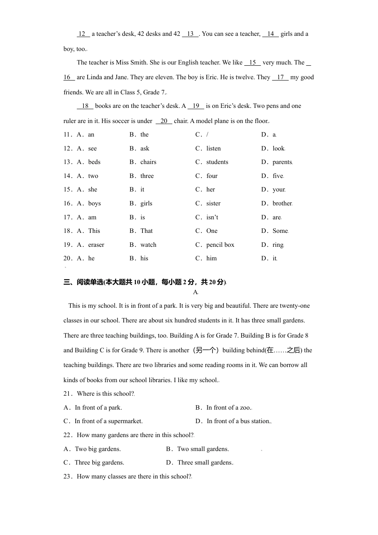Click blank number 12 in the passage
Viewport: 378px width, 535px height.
(x=83, y=34)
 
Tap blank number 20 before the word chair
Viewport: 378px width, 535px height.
(x=164, y=121)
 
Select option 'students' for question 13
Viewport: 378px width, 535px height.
(x=217, y=162)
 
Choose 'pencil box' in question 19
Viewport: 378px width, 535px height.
(x=220, y=245)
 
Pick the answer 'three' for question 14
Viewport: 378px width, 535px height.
(x=147, y=176)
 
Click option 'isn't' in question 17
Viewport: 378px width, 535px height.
(x=212, y=217)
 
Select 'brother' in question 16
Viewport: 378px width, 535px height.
(x=282, y=203)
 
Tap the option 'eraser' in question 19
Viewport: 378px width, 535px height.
(x=96, y=245)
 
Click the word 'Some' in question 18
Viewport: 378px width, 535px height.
(x=280, y=231)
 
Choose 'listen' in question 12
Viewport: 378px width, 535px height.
(x=213, y=148)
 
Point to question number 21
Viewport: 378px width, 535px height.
(x=68, y=394)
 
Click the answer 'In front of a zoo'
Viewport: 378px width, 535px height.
(x=228, y=408)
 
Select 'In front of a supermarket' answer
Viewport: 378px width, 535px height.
(x=108, y=421)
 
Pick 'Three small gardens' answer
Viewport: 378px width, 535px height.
(x=205, y=463)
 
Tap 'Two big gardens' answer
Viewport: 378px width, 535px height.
(x=98, y=449)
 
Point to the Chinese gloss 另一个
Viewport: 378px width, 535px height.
(x=206, y=350)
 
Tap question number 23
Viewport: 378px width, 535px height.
(x=68, y=476)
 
